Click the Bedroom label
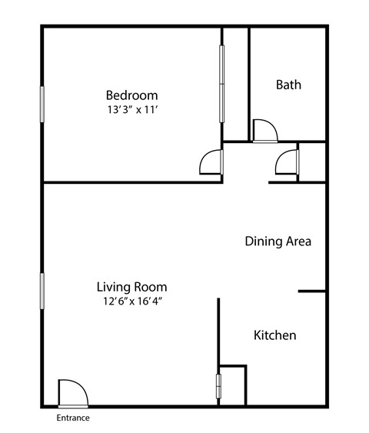[132, 95]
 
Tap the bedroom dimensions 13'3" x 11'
[132, 110]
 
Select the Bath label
[288, 85]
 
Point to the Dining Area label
[278, 241]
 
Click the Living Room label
[132, 287]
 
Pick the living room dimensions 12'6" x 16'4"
[132, 301]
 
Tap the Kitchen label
[275, 335]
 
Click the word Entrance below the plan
[73, 418]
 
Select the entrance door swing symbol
[73, 394]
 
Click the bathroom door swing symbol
[265, 131]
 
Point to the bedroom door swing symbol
[211, 162]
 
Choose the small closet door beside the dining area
[288, 162]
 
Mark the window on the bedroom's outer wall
[42, 104]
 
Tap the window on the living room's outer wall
[42, 291]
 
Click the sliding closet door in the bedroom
[221, 84]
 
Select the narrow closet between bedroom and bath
[235, 85]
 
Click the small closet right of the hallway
[312, 162]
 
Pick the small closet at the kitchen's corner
[232, 385]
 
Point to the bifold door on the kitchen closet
[218, 386]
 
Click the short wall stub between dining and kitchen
[311, 291]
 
